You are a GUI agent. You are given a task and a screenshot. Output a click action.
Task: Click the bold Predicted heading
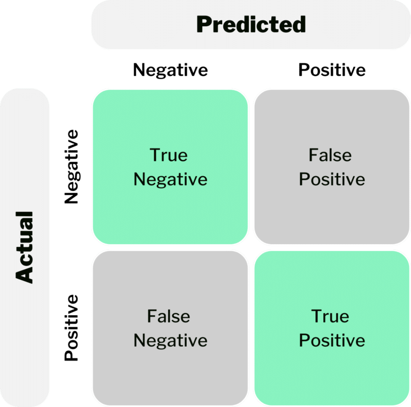[x=251, y=24]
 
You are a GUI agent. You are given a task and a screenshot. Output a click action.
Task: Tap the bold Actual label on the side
[x=25, y=247]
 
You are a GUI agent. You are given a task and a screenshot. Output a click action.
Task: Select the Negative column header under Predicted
[x=170, y=71]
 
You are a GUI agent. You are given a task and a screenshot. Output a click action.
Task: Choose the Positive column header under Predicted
[x=332, y=70]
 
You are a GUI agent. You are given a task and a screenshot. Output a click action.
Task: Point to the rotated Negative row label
[x=72, y=167]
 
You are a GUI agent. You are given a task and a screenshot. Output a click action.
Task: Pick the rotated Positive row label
[x=71, y=328]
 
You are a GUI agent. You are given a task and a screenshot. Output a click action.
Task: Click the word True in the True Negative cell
[x=169, y=155]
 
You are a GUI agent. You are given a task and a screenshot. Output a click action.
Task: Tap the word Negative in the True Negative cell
[x=170, y=180]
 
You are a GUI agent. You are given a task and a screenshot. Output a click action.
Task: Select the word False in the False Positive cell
[x=330, y=155]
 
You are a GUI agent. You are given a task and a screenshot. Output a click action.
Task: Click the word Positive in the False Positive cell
[x=332, y=179]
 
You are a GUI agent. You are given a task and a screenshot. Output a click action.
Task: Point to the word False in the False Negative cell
[x=169, y=316]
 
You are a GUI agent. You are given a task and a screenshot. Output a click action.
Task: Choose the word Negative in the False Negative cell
[x=170, y=341]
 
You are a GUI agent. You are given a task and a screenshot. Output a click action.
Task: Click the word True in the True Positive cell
[x=330, y=316]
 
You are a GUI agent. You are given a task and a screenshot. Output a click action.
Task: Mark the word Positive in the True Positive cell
[x=332, y=340]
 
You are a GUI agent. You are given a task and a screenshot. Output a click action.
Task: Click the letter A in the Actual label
[x=25, y=274]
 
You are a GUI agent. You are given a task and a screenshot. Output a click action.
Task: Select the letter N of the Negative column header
[x=139, y=70]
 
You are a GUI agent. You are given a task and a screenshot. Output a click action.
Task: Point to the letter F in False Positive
[x=313, y=155]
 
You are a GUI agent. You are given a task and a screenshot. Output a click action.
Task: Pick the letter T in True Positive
[x=317, y=316]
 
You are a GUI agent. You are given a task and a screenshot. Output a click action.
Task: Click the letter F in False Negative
[x=152, y=316]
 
